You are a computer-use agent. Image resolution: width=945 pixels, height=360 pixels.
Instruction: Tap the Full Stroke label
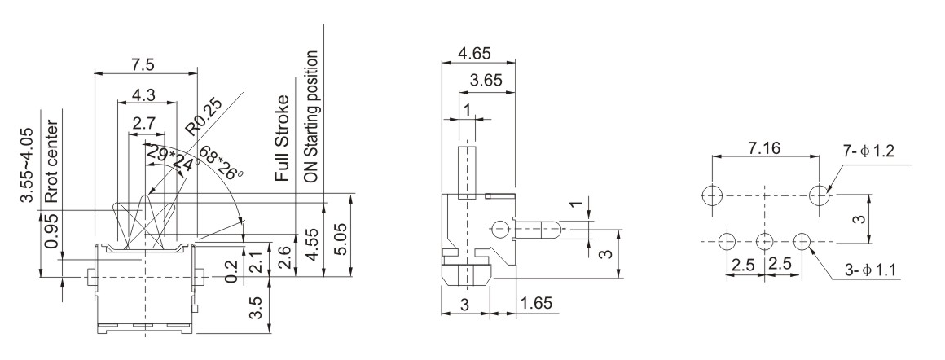[x=282, y=138]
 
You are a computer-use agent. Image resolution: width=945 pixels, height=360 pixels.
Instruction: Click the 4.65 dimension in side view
[x=477, y=54]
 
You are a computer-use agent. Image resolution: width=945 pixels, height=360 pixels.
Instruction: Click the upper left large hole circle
[x=711, y=195]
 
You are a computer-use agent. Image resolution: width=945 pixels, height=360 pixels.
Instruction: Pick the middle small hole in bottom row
[x=765, y=241]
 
